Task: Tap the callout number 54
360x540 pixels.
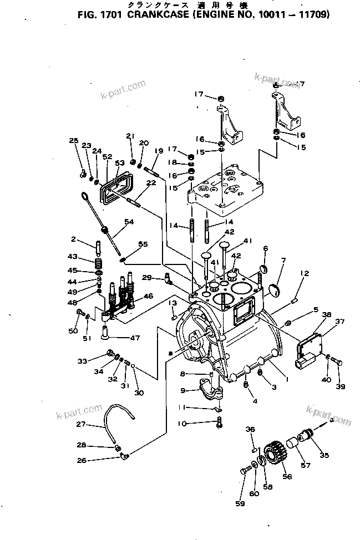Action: coord(129,221)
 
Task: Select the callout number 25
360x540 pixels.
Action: coord(73,141)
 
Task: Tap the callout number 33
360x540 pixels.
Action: coord(82,360)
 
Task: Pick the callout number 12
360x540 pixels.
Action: coord(304,272)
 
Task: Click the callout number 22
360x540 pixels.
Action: coord(150,184)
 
